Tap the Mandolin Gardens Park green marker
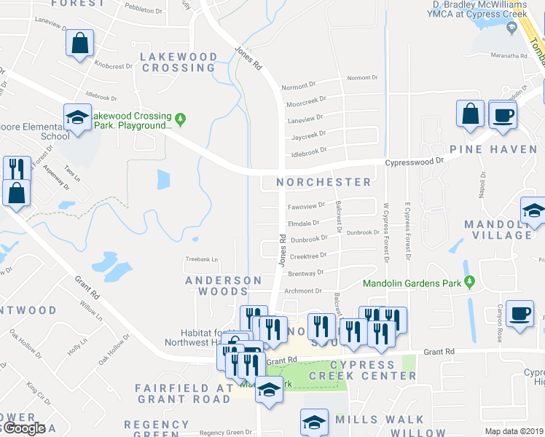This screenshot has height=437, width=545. [470, 282]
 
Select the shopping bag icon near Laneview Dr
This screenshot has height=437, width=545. [79, 43]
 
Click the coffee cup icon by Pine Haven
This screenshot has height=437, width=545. [502, 115]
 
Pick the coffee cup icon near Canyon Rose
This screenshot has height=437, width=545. [519, 314]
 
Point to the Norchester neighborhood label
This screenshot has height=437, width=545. [324, 181]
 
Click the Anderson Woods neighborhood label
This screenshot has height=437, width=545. [223, 286]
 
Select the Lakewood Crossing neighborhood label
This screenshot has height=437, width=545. [179, 62]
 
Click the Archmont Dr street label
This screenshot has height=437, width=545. [303, 291]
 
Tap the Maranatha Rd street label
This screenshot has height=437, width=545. [509, 55]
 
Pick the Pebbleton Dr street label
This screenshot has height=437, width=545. [144, 11]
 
